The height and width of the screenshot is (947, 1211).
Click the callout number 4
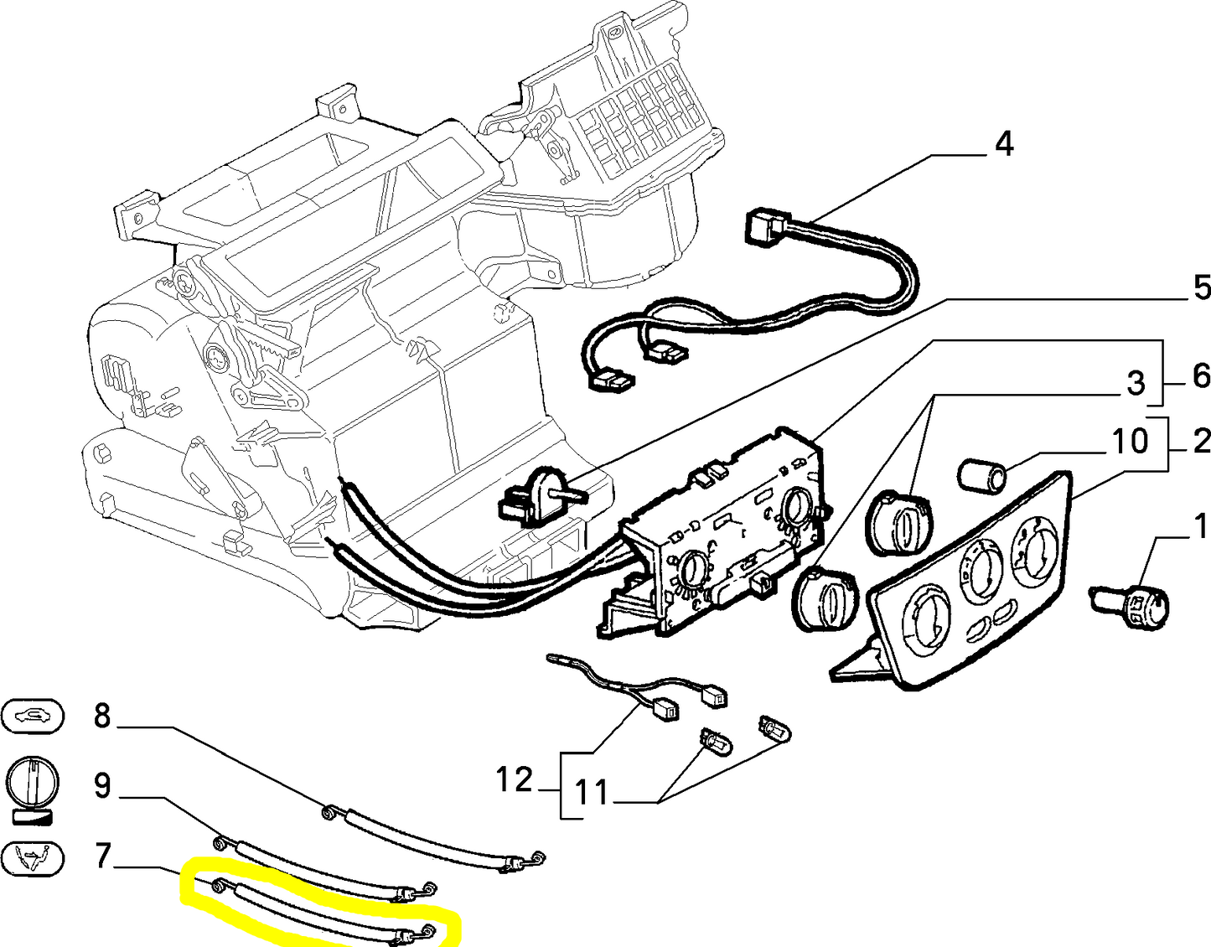click(1003, 144)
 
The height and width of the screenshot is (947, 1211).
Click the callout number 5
click(1201, 288)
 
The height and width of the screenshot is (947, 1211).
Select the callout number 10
click(1130, 441)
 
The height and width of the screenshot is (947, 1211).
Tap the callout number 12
click(514, 780)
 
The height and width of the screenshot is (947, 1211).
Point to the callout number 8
click(101, 717)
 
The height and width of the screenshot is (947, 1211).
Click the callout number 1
click(1201, 527)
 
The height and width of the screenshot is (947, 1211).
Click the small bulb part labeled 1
click(1131, 603)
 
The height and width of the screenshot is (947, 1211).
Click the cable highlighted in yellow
click(323, 908)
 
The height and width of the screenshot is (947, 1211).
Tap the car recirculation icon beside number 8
click(33, 716)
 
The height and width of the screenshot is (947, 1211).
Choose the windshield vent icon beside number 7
click(33, 857)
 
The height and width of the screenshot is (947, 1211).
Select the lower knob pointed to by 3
click(827, 596)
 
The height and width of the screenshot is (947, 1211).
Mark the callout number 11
click(593, 793)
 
